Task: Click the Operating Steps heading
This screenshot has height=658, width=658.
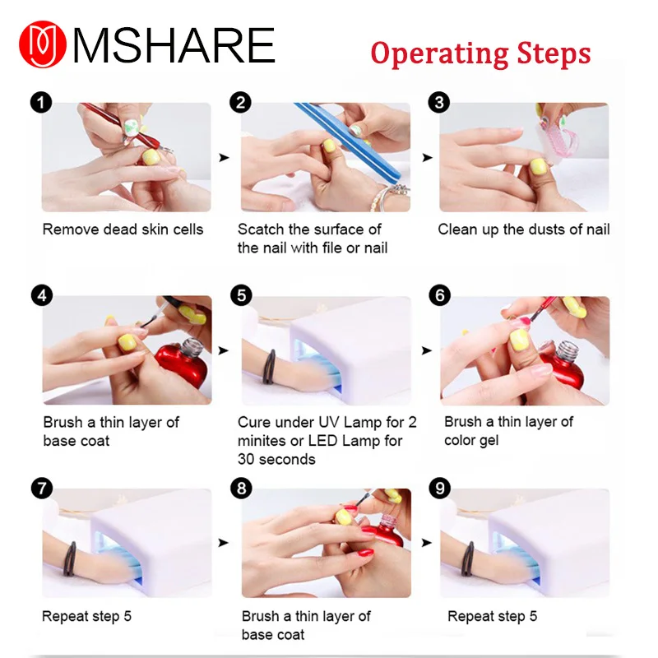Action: click(x=480, y=53)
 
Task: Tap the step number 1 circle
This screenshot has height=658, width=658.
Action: click(x=40, y=103)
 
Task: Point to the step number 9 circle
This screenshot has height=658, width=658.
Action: click(x=440, y=489)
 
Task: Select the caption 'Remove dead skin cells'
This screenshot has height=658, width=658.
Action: click(x=123, y=229)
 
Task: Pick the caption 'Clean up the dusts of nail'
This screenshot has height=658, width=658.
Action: click(x=523, y=229)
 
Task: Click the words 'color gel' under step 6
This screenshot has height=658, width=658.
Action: click(x=470, y=440)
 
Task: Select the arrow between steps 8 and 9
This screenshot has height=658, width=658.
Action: click(x=426, y=543)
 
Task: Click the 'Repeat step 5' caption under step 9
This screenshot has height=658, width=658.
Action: click(x=492, y=615)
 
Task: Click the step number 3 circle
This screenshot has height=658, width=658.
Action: click(x=440, y=103)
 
